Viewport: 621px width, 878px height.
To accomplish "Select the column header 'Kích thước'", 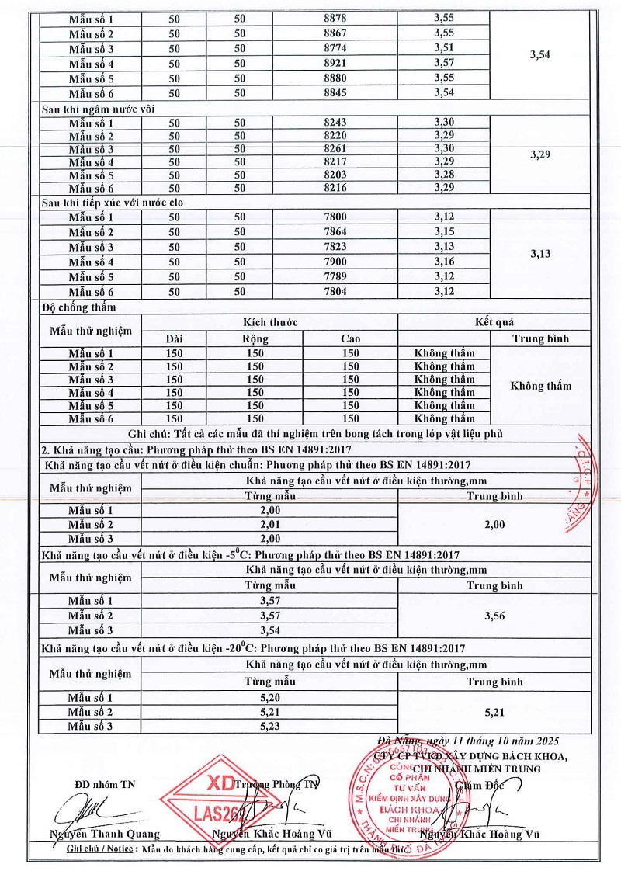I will tap(269, 321).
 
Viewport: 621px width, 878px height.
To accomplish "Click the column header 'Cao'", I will tap(350, 338).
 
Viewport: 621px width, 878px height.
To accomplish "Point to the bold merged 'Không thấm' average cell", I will tap(540, 386).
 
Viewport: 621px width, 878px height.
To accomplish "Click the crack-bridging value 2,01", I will tap(270, 524).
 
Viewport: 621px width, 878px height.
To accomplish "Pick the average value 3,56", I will tap(494, 616).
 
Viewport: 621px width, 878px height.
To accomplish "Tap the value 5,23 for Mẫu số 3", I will tap(270, 726).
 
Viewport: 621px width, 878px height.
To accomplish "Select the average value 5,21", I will tap(494, 711).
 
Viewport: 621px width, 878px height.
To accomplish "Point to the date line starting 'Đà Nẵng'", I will tap(467, 740).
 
